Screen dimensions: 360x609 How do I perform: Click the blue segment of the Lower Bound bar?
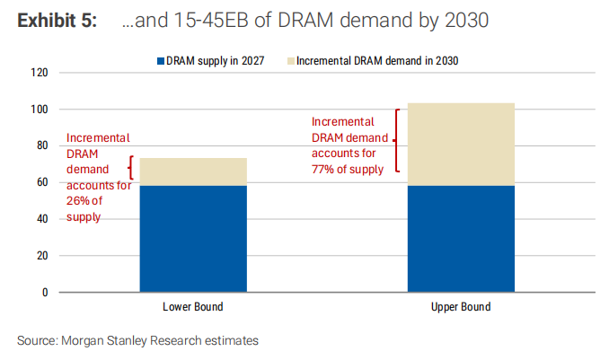click(193, 238)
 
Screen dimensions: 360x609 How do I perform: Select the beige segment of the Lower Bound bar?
click(193, 171)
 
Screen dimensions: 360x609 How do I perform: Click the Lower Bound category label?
click(192, 307)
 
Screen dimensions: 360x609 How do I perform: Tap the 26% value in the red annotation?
click(78, 202)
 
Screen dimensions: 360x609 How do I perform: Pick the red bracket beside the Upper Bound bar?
click(395, 140)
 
